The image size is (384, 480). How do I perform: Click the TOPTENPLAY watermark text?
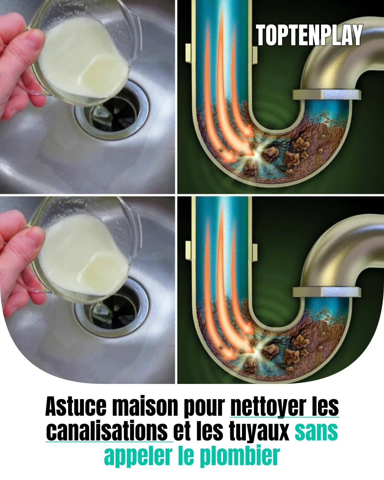[x=309, y=35]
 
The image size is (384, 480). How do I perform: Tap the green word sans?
[x=316, y=432]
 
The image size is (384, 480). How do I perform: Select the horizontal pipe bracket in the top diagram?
[x=327, y=95]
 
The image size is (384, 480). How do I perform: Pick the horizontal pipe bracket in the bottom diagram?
[x=327, y=292]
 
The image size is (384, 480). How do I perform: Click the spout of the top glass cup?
[x=133, y=16]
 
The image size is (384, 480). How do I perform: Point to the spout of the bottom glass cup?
[x=133, y=213]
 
